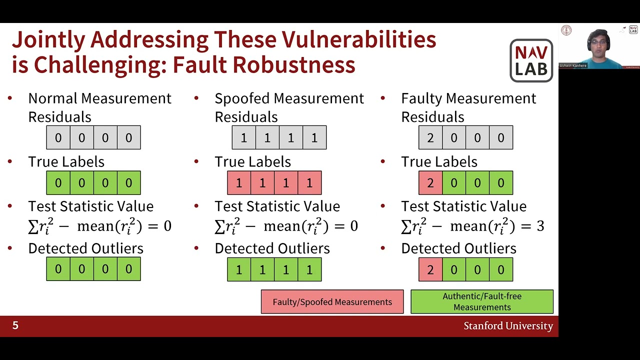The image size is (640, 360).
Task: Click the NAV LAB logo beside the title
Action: pos(531,60)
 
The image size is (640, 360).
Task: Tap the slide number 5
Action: pos(15,325)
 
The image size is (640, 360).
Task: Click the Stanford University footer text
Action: pos(508,326)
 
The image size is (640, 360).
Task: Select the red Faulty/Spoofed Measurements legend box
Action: pos(332,302)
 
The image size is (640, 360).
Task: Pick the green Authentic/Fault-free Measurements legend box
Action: pos(482,301)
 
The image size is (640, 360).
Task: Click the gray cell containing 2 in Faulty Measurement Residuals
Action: pos(430,137)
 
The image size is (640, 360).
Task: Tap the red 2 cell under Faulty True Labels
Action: pos(430,183)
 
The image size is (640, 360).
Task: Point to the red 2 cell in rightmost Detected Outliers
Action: pos(430,269)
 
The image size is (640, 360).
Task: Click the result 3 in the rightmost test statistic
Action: pos(540,226)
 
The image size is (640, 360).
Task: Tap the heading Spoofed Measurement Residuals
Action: pos(289,107)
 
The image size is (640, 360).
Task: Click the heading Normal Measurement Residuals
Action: pos(99,107)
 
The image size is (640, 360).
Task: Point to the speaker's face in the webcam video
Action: pos(598,43)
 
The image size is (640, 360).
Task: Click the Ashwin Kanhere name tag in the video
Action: pos(573,65)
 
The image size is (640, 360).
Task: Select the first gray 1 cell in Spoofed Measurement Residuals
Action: pos(243,137)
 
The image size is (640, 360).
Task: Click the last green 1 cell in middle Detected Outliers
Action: pos(309,269)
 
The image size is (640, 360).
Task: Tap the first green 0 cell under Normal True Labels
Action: pos(58,183)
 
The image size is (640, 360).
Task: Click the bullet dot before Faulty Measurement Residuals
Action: pos(383,98)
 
